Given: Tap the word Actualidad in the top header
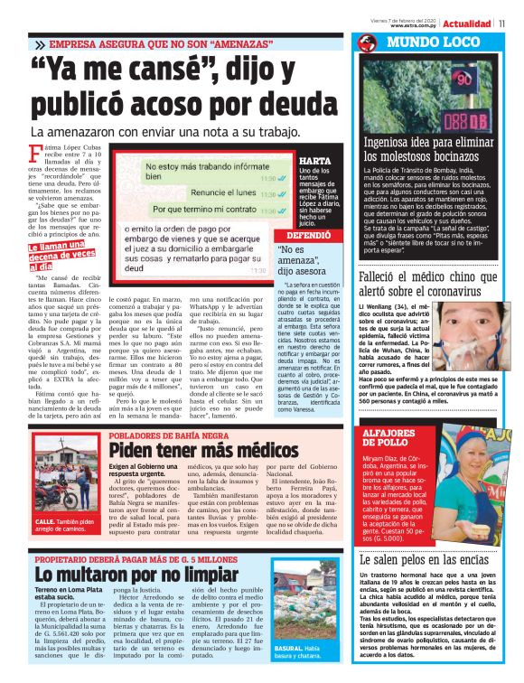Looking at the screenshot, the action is [x=466, y=23].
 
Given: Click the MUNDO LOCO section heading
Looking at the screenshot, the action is [x=424, y=43].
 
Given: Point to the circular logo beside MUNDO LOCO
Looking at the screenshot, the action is [x=366, y=43].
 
